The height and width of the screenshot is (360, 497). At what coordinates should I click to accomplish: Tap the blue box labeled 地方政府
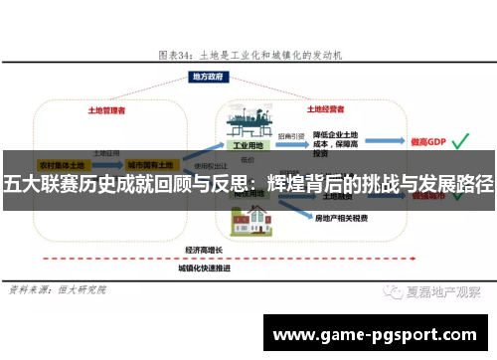click(x=247, y=76)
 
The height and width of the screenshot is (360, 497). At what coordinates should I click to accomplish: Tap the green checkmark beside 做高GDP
click(x=461, y=142)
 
